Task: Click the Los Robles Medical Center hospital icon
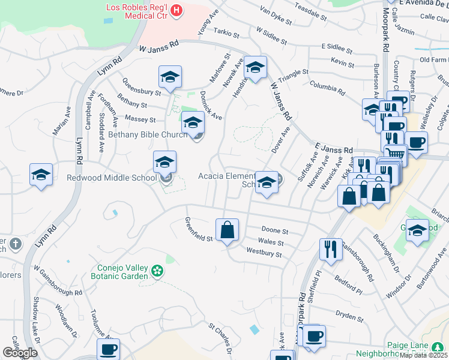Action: tap(176, 10)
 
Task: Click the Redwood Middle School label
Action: tap(112, 178)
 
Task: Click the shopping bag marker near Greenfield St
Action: tap(228, 230)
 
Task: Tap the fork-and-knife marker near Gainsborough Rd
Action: tap(330, 248)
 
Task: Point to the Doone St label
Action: tap(276, 231)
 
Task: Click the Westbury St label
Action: tap(264, 254)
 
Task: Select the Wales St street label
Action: tap(271, 242)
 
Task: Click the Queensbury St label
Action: tap(142, 88)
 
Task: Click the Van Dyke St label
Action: tap(275, 16)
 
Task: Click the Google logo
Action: tap(20, 353)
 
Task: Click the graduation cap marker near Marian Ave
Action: tap(41, 175)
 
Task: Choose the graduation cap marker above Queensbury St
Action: tap(170, 76)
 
